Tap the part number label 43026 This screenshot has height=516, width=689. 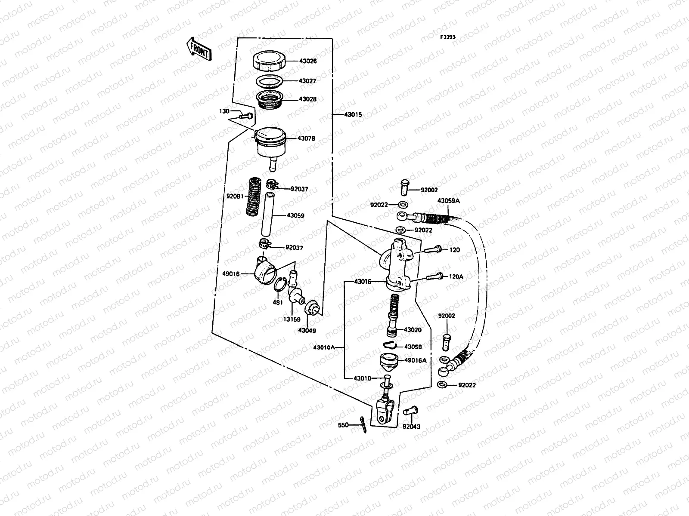(308, 61)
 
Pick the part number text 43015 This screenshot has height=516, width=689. (353, 115)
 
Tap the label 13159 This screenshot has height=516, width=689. (292, 319)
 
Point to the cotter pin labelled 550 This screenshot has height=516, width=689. (362, 424)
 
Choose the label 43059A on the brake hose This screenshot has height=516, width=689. (448, 200)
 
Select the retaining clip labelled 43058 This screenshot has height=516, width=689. (390, 344)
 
